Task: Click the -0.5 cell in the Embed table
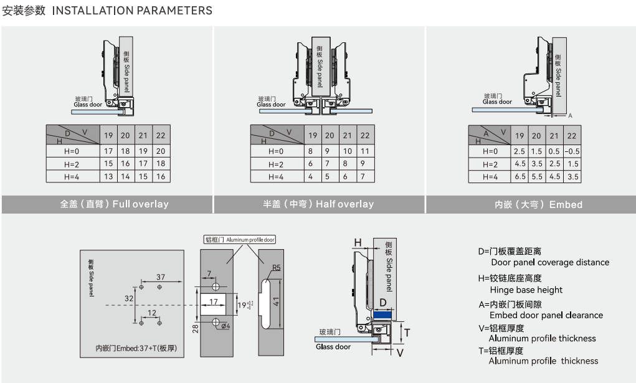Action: [571, 151]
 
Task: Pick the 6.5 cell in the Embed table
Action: [519, 177]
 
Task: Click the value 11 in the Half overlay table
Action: [365, 151]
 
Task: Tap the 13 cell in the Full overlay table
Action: [108, 177]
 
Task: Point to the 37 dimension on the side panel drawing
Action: [161, 277]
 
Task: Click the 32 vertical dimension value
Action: [129, 298]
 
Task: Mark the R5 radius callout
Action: [276, 268]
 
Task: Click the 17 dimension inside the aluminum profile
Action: [213, 302]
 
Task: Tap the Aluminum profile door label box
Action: [240, 239]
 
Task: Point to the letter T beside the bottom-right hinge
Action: [407, 333]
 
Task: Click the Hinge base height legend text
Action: [526, 290]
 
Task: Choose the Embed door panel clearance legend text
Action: [546, 315]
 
